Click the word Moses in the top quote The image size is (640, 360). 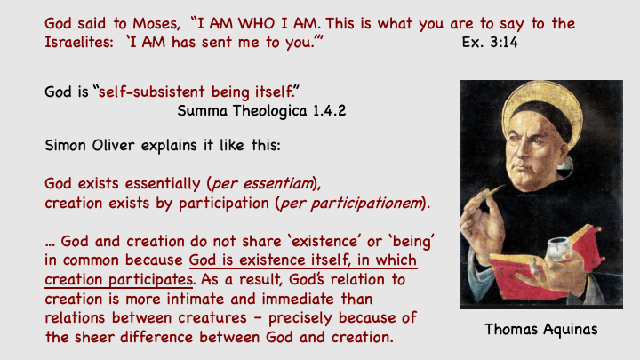[x=156, y=24]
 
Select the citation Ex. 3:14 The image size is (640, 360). [x=490, y=42]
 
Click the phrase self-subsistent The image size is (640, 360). [x=151, y=92]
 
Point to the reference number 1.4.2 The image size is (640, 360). [x=329, y=110]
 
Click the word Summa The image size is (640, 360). [x=202, y=110]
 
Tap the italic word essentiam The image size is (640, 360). [x=277, y=184]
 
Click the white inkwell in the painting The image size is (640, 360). [x=558, y=247]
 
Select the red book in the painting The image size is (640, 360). [x=543, y=265]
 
